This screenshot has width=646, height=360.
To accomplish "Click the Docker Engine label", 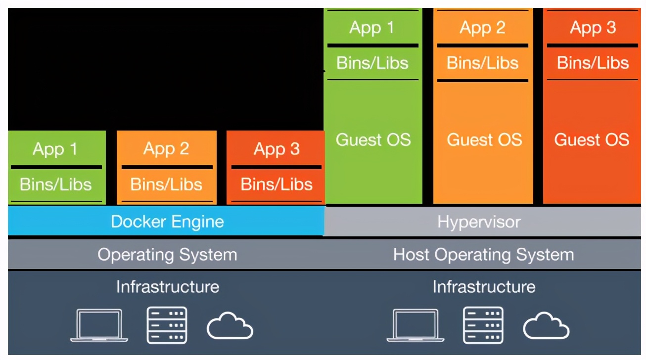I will pos(167,221).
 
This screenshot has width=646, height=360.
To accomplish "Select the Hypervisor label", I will pos(479,222).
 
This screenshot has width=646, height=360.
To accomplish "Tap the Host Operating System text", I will pos(483,255).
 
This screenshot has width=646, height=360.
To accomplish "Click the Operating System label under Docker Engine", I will pos(167,255).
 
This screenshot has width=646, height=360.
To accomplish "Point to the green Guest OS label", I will pos(373,139).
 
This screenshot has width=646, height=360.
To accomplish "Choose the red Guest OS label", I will pos(592,139).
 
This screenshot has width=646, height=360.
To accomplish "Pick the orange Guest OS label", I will pos(484,139).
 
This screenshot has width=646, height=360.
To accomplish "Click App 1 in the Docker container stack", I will pos(55,149).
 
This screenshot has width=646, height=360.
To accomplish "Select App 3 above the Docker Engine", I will pos(277,149).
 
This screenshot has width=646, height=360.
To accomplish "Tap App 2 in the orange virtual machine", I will pos(482,27).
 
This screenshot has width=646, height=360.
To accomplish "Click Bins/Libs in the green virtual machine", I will pos(372,63).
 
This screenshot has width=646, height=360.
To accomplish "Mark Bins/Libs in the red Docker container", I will pos(277,184).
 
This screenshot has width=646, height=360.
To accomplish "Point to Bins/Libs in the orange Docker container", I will pos(166,184).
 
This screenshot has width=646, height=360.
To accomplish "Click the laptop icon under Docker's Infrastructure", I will pos(99,325).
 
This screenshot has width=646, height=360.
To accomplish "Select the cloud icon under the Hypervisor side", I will pos(546,326).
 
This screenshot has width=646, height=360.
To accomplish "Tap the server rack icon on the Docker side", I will pos(167,325).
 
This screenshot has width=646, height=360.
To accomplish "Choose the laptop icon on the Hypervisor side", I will pos(415,325).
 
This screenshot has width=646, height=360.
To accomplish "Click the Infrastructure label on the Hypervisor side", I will pos(484,287).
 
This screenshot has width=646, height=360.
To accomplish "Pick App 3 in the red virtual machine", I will pos(593,27).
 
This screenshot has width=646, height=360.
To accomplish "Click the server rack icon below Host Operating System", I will pos(483,325).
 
